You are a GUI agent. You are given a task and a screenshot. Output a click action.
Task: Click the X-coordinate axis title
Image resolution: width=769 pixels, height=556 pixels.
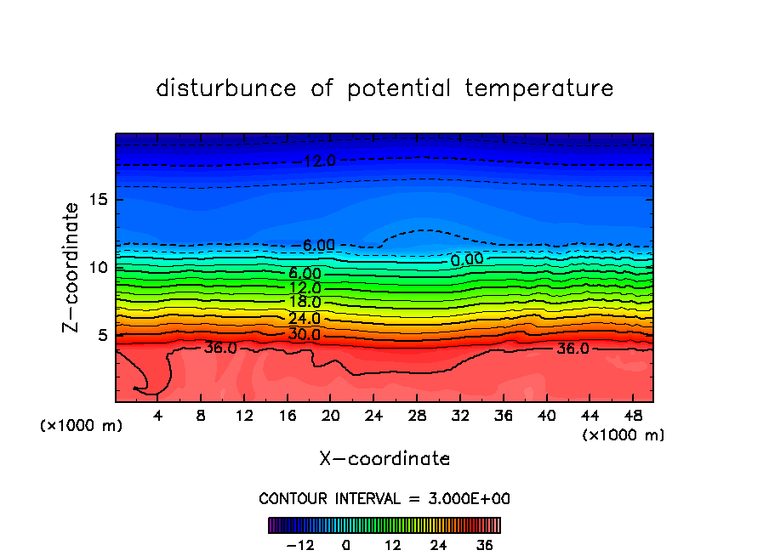click(x=384, y=459)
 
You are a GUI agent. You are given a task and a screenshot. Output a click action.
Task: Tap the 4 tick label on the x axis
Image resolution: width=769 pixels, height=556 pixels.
click(x=157, y=415)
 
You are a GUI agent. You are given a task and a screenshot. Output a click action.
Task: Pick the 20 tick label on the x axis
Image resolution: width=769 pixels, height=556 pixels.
click(x=330, y=415)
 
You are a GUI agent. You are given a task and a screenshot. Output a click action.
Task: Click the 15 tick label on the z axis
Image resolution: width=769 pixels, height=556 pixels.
click(x=95, y=200)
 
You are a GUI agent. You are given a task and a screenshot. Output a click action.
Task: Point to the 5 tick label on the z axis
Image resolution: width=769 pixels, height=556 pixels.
click(x=100, y=335)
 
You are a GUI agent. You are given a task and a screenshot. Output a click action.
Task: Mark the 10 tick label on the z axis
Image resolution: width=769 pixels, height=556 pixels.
click(x=95, y=267)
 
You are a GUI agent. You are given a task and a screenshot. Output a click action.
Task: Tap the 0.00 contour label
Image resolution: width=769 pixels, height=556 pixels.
click(x=467, y=258)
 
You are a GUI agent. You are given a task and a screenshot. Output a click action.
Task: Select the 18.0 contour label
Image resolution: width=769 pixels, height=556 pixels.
click(x=305, y=302)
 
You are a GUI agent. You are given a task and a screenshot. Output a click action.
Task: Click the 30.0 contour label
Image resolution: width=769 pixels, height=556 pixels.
click(x=305, y=334)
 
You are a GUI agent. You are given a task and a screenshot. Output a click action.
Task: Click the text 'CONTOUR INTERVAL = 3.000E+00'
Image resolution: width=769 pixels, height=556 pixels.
click(x=384, y=498)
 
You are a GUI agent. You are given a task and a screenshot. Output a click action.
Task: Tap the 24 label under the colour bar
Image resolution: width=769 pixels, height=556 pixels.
click(x=439, y=545)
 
